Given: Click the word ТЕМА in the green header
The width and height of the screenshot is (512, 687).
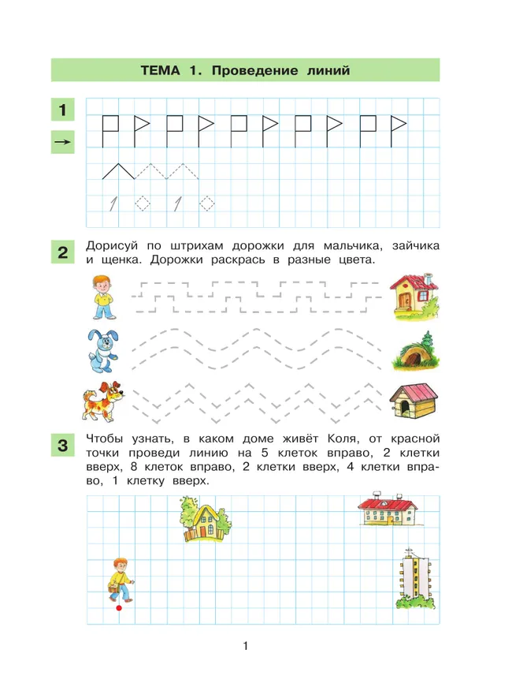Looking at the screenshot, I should [x=161, y=70].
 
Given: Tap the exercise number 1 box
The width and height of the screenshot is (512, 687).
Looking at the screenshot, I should [x=62, y=109].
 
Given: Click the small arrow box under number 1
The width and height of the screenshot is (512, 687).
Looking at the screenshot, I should [x=62, y=143].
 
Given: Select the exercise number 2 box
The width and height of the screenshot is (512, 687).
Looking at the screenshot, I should [x=62, y=253].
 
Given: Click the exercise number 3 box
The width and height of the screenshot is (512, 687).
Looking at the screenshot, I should [x=62, y=445].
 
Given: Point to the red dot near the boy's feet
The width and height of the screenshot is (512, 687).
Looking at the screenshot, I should [x=117, y=608].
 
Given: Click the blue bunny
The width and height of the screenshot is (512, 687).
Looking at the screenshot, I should [x=101, y=350].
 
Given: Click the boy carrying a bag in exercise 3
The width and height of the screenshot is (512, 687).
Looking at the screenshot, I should [x=120, y=580].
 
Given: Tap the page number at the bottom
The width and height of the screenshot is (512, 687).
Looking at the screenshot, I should [x=246, y=648].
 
